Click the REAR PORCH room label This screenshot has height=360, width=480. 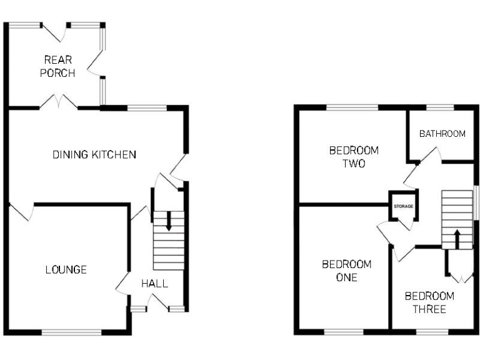57,66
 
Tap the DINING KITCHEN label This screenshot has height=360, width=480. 94,154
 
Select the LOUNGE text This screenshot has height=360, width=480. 66,270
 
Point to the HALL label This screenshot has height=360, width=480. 154,284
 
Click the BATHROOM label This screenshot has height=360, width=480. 442,134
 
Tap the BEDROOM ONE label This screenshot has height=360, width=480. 346,271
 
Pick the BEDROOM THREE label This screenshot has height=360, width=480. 429,302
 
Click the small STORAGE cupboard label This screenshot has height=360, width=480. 402,206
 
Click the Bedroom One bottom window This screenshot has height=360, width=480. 343,331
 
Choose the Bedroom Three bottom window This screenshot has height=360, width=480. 428,331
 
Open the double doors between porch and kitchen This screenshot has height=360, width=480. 59,103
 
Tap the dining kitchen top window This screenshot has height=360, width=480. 147,107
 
